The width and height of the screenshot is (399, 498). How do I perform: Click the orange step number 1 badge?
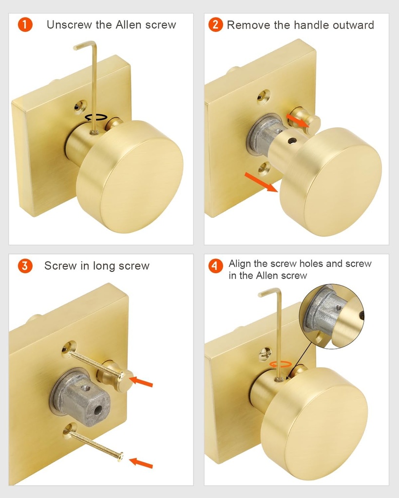click(x=25, y=25)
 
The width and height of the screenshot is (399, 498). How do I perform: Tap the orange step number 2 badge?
click(x=215, y=25)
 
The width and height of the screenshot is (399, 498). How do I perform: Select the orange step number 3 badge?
click(x=25, y=266)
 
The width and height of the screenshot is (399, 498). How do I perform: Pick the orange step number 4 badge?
click(x=215, y=266)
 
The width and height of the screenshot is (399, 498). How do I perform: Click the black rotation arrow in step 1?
click(x=96, y=117)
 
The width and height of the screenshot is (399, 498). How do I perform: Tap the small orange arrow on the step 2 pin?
click(x=297, y=119)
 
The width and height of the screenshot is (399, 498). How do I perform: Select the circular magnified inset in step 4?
click(x=331, y=316)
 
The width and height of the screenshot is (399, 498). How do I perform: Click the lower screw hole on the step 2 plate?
click(x=265, y=169)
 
